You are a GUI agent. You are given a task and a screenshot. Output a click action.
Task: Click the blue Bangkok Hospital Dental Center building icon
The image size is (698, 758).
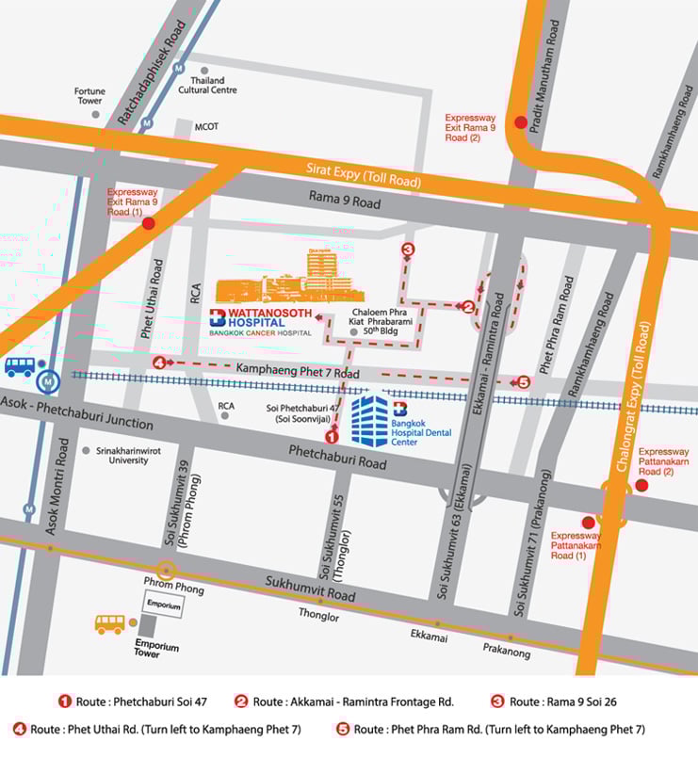click(x=370, y=421)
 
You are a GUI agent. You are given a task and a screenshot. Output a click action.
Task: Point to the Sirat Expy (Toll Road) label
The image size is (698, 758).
click(x=364, y=174)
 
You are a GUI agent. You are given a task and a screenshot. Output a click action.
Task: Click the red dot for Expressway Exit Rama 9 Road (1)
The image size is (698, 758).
click(x=148, y=224)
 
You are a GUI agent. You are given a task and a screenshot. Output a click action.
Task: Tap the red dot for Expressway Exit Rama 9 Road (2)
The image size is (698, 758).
click(x=520, y=121)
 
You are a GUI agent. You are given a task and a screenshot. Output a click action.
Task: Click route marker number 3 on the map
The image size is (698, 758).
click(x=407, y=250)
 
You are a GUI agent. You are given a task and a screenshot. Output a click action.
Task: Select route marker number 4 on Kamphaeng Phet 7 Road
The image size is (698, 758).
click(x=159, y=363)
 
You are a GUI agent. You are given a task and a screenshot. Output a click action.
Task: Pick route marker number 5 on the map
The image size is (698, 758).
click(x=525, y=382)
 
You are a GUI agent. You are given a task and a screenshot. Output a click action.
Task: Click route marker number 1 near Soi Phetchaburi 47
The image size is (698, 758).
click(x=331, y=436)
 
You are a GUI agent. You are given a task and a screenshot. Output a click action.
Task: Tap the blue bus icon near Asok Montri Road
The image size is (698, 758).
click(x=20, y=366)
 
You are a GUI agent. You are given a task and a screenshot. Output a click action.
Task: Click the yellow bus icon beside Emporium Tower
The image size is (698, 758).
click(x=109, y=623)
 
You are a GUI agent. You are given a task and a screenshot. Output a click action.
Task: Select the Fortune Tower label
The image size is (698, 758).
click(x=89, y=96)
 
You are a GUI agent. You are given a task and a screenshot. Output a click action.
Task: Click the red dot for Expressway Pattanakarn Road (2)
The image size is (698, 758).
click(x=641, y=485)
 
